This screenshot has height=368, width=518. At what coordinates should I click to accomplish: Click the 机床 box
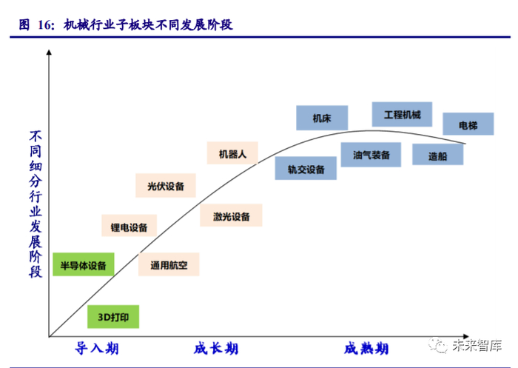tap(321, 118)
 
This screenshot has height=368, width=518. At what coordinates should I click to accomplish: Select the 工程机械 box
tap(402, 115)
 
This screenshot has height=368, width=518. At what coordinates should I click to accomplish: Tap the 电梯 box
tap(468, 125)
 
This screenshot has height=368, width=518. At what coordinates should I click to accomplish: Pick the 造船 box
tap(437, 155)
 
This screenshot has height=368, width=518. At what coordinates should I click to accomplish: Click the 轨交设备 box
tap(306, 169)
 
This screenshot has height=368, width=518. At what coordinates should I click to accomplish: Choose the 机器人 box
tap(232, 154)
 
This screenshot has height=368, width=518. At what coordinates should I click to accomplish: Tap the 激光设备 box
tap(232, 216)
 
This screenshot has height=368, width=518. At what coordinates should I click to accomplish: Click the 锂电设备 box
tap(129, 227)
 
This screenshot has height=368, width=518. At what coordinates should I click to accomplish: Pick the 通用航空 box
tap(169, 264)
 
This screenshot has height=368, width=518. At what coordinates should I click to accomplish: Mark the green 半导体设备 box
tap(83, 264)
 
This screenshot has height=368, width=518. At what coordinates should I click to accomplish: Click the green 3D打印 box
tap(113, 317)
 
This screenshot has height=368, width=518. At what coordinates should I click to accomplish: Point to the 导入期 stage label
tap(97, 349)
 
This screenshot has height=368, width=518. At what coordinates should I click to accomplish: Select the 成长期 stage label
tap(216, 349)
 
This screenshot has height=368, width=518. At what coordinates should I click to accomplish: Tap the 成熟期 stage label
tap(366, 349)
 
